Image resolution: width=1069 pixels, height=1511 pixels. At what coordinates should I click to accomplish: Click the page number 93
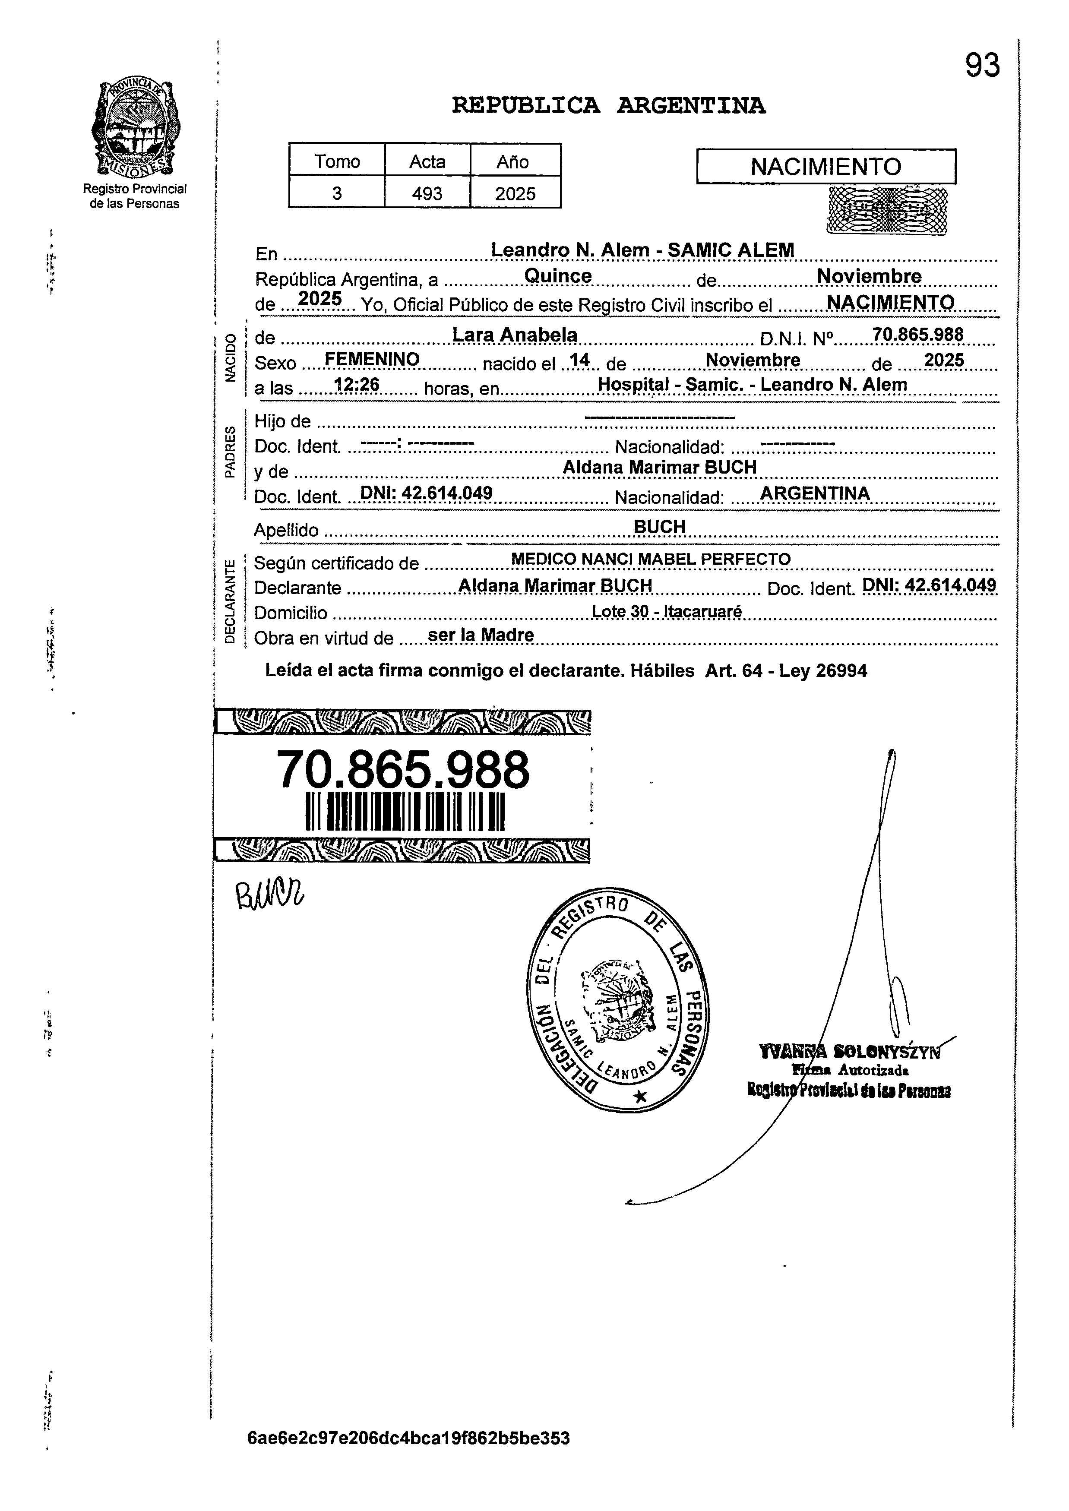click(x=982, y=66)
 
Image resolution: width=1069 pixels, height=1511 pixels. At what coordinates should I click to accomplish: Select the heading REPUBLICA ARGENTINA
click(x=608, y=105)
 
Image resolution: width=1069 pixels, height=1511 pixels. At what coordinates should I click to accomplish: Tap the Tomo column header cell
click(x=337, y=161)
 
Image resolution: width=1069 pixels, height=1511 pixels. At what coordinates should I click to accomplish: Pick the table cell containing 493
click(x=427, y=193)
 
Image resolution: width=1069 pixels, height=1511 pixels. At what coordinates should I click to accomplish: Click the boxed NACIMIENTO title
click(x=825, y=167)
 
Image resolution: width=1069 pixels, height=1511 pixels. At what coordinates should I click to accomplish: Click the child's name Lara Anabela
click(x=514, y=335)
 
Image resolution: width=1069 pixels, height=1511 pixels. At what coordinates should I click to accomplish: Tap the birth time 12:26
click(x=357, y=385)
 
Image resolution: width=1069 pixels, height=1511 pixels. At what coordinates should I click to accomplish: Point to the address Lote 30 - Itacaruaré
click(x=666, y=611)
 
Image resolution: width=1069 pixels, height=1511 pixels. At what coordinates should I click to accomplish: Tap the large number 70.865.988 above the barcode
click(x=403, y=770)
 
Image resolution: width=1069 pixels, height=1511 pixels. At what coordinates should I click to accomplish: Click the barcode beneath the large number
click(x=405, y=812)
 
